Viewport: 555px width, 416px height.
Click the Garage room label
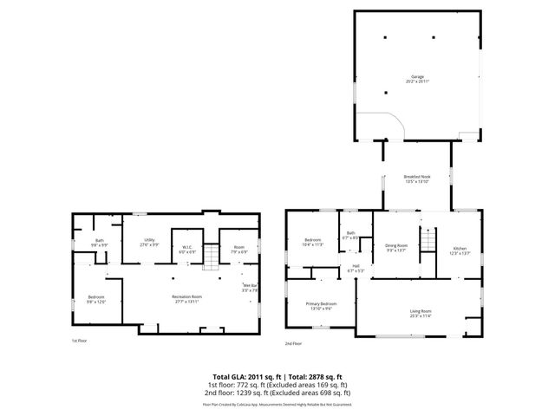click(417, 77)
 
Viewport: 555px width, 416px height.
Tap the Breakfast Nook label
click(417, 179)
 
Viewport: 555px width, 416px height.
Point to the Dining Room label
click(397, 247)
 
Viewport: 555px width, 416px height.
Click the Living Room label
click(421, 313)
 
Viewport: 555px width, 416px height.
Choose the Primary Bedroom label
click(321, 306)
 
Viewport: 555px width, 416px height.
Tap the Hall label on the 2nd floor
click(356, 268)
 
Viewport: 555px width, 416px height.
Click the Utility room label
click(149, 243)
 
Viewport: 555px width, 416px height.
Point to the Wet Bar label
click(250, 288)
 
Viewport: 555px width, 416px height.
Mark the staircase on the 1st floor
click(210, 256)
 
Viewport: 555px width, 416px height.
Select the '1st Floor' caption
click(80, 341)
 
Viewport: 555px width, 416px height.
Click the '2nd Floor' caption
click(293, 344)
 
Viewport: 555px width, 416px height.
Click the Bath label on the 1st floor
click(101, 244)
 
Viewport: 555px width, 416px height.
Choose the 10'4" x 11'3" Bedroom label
click(313, 242)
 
